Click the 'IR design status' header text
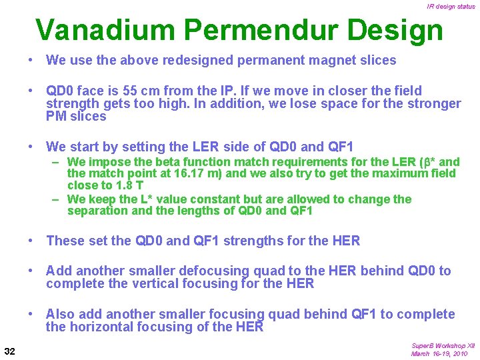click(451, 7)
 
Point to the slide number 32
click(10, 351)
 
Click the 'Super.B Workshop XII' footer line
click(443, 346)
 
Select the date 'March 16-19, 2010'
click(439, 354)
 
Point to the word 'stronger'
click(435, 103)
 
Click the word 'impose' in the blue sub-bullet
click(108, 162)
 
